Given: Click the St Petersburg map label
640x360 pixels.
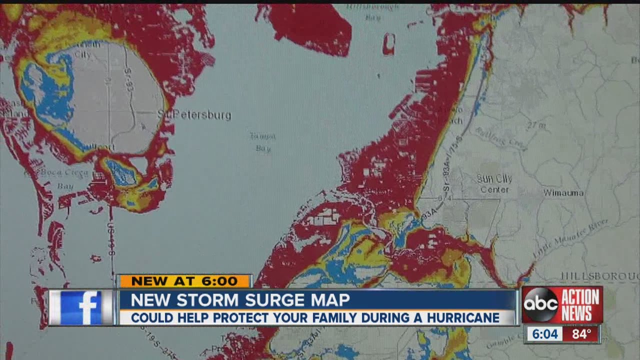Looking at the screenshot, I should [x=194, y=115].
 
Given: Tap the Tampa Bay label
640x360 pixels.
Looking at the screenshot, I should [x=263, y=142].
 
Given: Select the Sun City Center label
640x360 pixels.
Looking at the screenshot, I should [x=494, y=183].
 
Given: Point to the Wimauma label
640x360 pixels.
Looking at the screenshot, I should [x=563, y=193].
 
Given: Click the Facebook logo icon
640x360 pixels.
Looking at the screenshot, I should [x=81, y=307].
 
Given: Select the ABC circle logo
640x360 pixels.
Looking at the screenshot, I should [x=540, y=304].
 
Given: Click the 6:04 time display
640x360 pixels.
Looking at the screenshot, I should [x=544, y=334].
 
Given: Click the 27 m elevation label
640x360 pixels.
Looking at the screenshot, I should [x=535, y=125].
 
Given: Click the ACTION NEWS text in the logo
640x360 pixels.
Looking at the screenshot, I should [x=579, y=304].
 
